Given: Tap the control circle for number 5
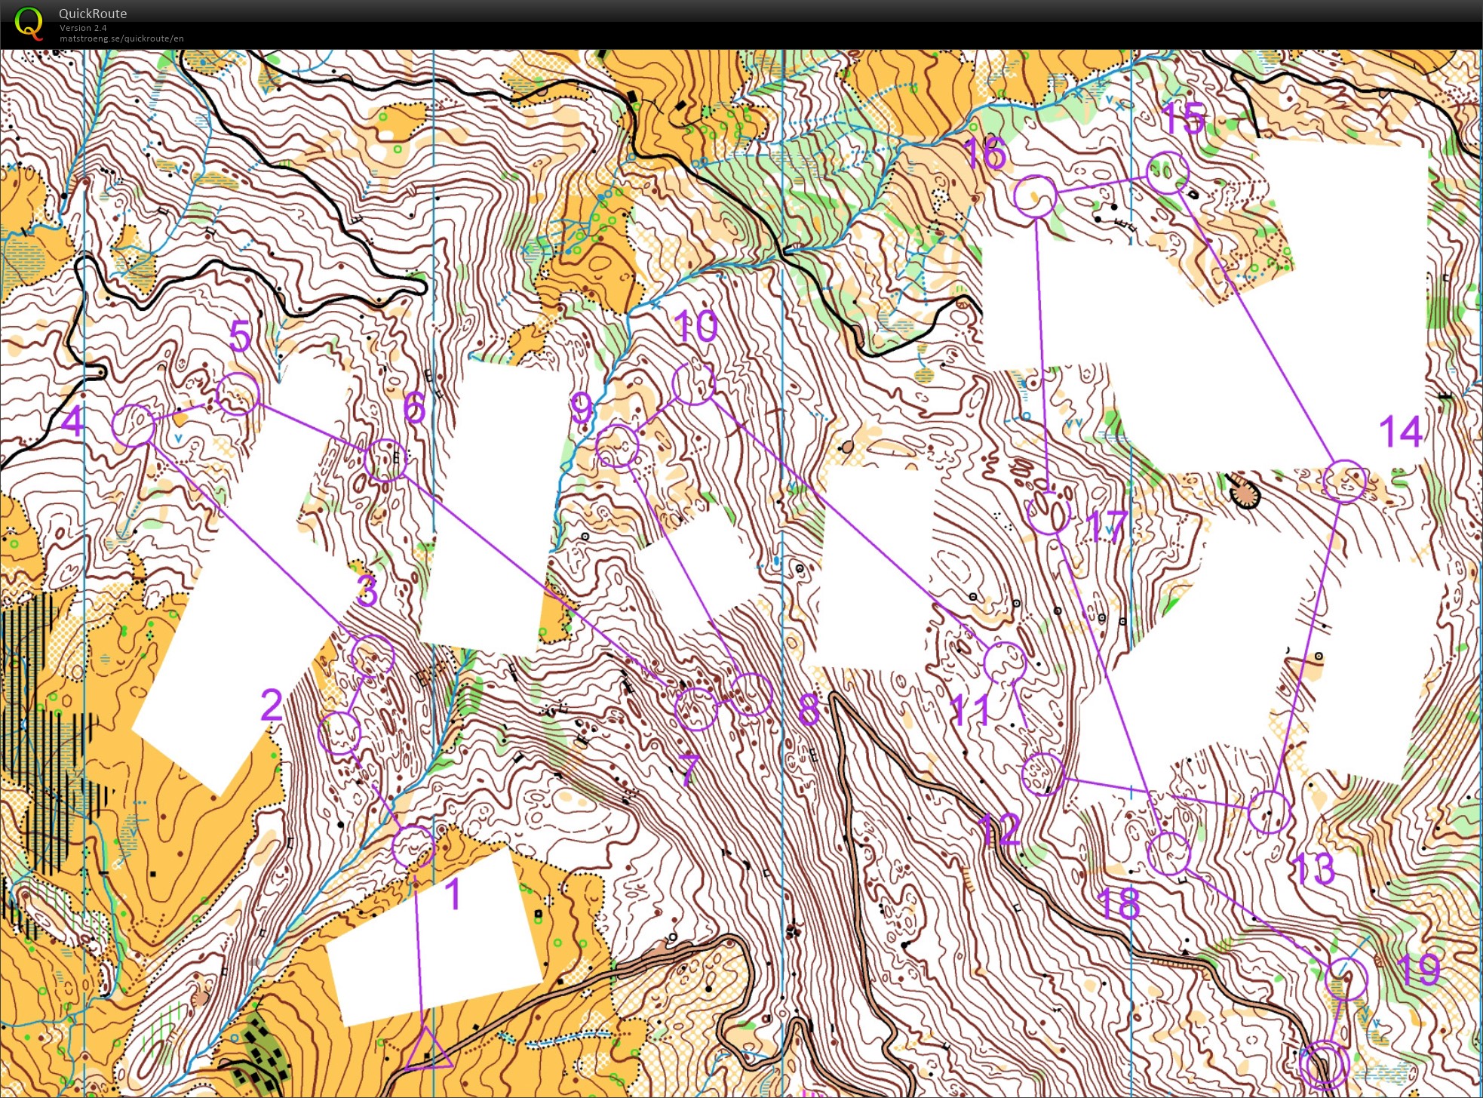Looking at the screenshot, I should [238, 393].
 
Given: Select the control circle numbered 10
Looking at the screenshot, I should [694, 383].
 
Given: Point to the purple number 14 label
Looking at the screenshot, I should [1400, 432].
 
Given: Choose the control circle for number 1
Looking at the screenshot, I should [413, 846].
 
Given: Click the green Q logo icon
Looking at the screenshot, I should [29, 23].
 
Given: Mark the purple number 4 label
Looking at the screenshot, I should [72, 420].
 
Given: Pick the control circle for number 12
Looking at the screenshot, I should [1042, 774].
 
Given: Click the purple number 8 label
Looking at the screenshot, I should [808, 709].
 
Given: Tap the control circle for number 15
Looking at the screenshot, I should [1168, 173].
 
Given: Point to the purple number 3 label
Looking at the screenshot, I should [367, 590].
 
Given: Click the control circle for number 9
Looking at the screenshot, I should [618, 446].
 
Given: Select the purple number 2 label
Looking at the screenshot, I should [272, 705].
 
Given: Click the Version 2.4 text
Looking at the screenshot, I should [83, 28].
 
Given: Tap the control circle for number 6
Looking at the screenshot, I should [385, 460].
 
